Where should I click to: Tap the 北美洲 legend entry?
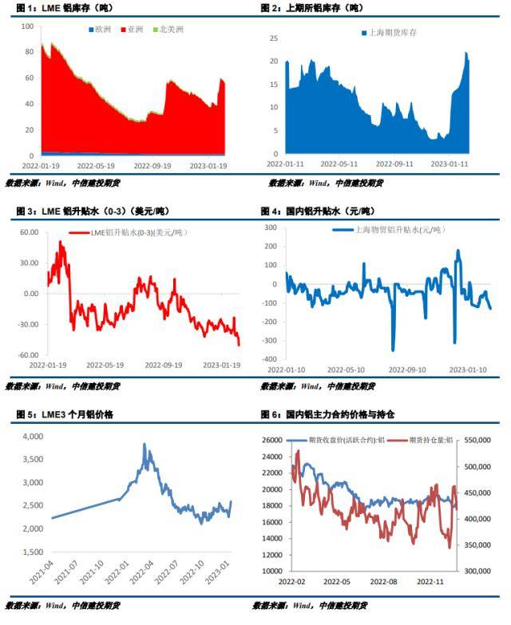[169, 30]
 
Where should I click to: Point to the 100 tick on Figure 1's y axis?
[26, 26]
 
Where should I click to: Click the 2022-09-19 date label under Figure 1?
[151, 166]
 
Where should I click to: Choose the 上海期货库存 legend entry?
[390, 33]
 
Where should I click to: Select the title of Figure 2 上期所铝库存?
[311, 9]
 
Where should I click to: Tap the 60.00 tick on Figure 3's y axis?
[29, 232]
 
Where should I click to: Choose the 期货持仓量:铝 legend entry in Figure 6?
[425, 439]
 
